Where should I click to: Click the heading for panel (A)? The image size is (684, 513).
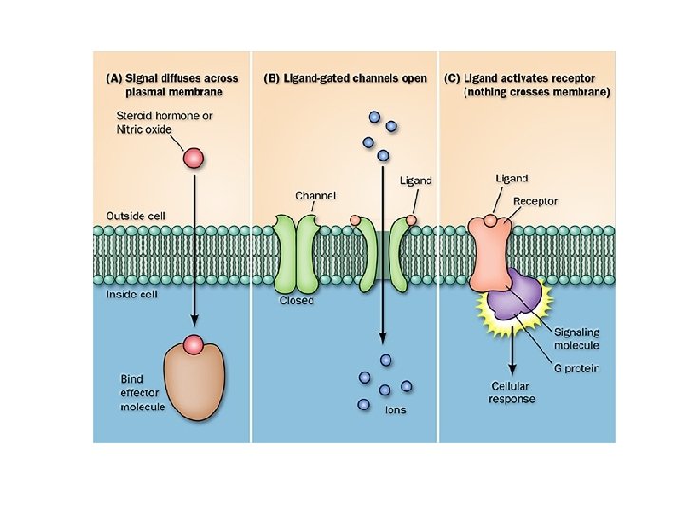click(171, 85)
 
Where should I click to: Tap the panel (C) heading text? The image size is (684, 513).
click(527, 85)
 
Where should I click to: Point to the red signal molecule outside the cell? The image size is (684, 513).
click(193, 158)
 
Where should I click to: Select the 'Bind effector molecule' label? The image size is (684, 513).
click(142, 392)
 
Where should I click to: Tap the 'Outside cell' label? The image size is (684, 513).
click(136, 216)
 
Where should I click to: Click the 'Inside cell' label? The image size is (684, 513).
click(133, 294)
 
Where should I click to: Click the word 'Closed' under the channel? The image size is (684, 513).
click(296, 301)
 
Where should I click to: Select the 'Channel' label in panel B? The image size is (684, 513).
click(315, 196)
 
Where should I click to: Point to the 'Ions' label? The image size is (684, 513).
click(394, 409)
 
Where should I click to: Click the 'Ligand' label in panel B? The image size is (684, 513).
click(415, 180)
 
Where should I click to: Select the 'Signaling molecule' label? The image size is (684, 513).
click(578, 338)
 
